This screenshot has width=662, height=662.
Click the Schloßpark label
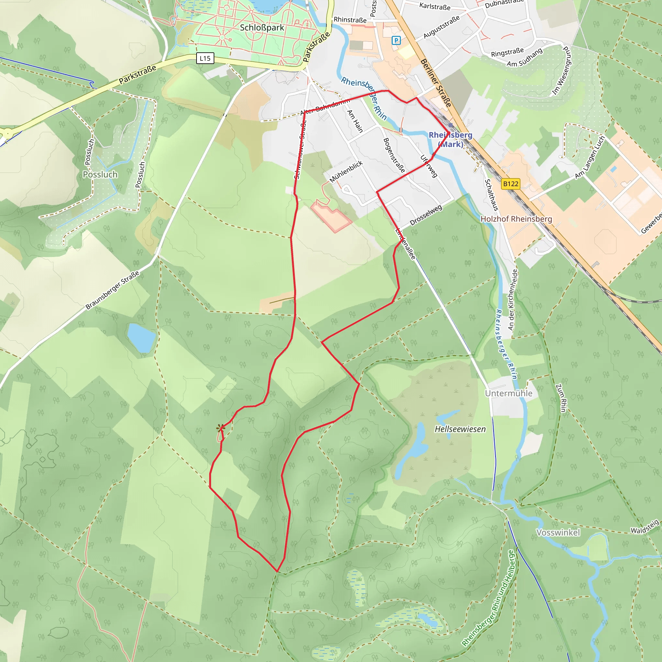[262, 28]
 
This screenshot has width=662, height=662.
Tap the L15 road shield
[205, 58]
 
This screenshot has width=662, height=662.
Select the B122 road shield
[510, 184]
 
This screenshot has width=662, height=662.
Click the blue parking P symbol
[396, 41]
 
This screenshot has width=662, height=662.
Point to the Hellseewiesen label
[460, 429]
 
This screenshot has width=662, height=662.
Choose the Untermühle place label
[508, 393]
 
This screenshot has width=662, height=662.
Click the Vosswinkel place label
[558, 532]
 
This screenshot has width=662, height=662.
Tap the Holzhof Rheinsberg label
[516, 219]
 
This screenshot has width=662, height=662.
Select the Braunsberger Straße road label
[112, 290]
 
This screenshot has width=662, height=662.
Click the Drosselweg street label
[426, 215]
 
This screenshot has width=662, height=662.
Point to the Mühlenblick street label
[346, 172]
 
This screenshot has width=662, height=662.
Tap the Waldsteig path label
[645, 527]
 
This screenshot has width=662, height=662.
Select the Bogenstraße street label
[394, 155]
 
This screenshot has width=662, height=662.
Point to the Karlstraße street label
[435, 6]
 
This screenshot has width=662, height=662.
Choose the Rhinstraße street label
[350, 20]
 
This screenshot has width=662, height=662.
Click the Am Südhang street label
[524, 58]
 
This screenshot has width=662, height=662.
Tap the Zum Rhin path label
[561, 398]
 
